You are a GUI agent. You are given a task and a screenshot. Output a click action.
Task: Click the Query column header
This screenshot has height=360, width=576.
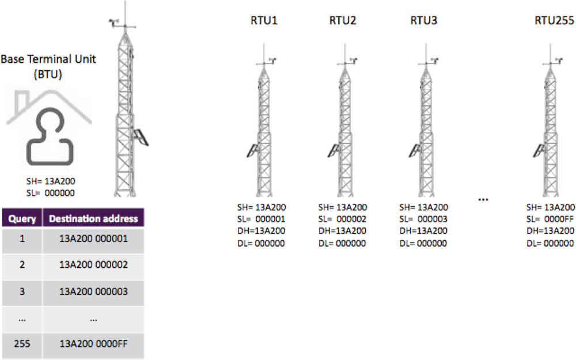tap(22, 219)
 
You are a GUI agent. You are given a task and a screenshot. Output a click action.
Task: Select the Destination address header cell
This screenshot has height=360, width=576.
tap(93, 219)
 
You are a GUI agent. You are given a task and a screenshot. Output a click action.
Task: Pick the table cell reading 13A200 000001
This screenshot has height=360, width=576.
tap(93, 238)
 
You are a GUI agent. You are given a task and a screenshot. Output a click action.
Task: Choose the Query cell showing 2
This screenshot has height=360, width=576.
tap(22, 265)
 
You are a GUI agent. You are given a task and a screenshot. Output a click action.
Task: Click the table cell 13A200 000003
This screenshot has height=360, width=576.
tap(93, 291)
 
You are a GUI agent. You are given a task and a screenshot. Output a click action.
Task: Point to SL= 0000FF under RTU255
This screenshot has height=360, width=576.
tap(550, 219)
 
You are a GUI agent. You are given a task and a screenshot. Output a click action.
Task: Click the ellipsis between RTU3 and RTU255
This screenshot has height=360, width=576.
tap(483, 198)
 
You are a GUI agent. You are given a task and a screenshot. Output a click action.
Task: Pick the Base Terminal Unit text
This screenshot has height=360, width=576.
tap(48, 59)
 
